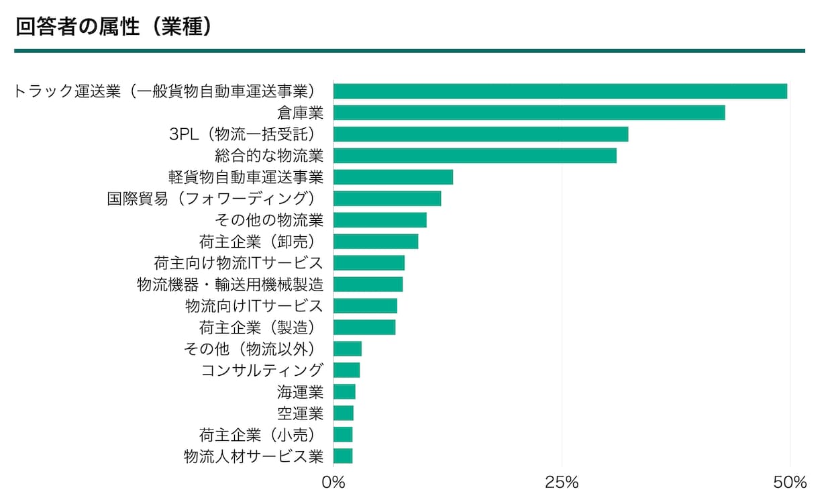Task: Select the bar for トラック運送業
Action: click(560, 91)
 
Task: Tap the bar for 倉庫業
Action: click(529, 113)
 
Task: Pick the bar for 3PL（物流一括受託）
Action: click(480, 134)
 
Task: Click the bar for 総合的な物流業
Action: click(474, 156)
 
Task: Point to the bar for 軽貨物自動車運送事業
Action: click(393, 177)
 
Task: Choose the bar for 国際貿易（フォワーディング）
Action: click(387, 199)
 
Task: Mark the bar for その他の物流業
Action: click(380, 220)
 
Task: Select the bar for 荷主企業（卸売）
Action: click(376, 242)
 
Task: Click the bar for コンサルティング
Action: click(346, 370)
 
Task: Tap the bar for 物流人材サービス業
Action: click(343, 456)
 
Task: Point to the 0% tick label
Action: click(333, 483)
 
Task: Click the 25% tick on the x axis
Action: click(562, 483)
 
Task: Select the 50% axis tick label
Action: click(790, 483)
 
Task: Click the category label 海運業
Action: click(301, 392)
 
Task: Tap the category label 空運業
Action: click(301, 413)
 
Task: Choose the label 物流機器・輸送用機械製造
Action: click(230, 285)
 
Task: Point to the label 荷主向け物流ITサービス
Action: click(238, 263)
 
